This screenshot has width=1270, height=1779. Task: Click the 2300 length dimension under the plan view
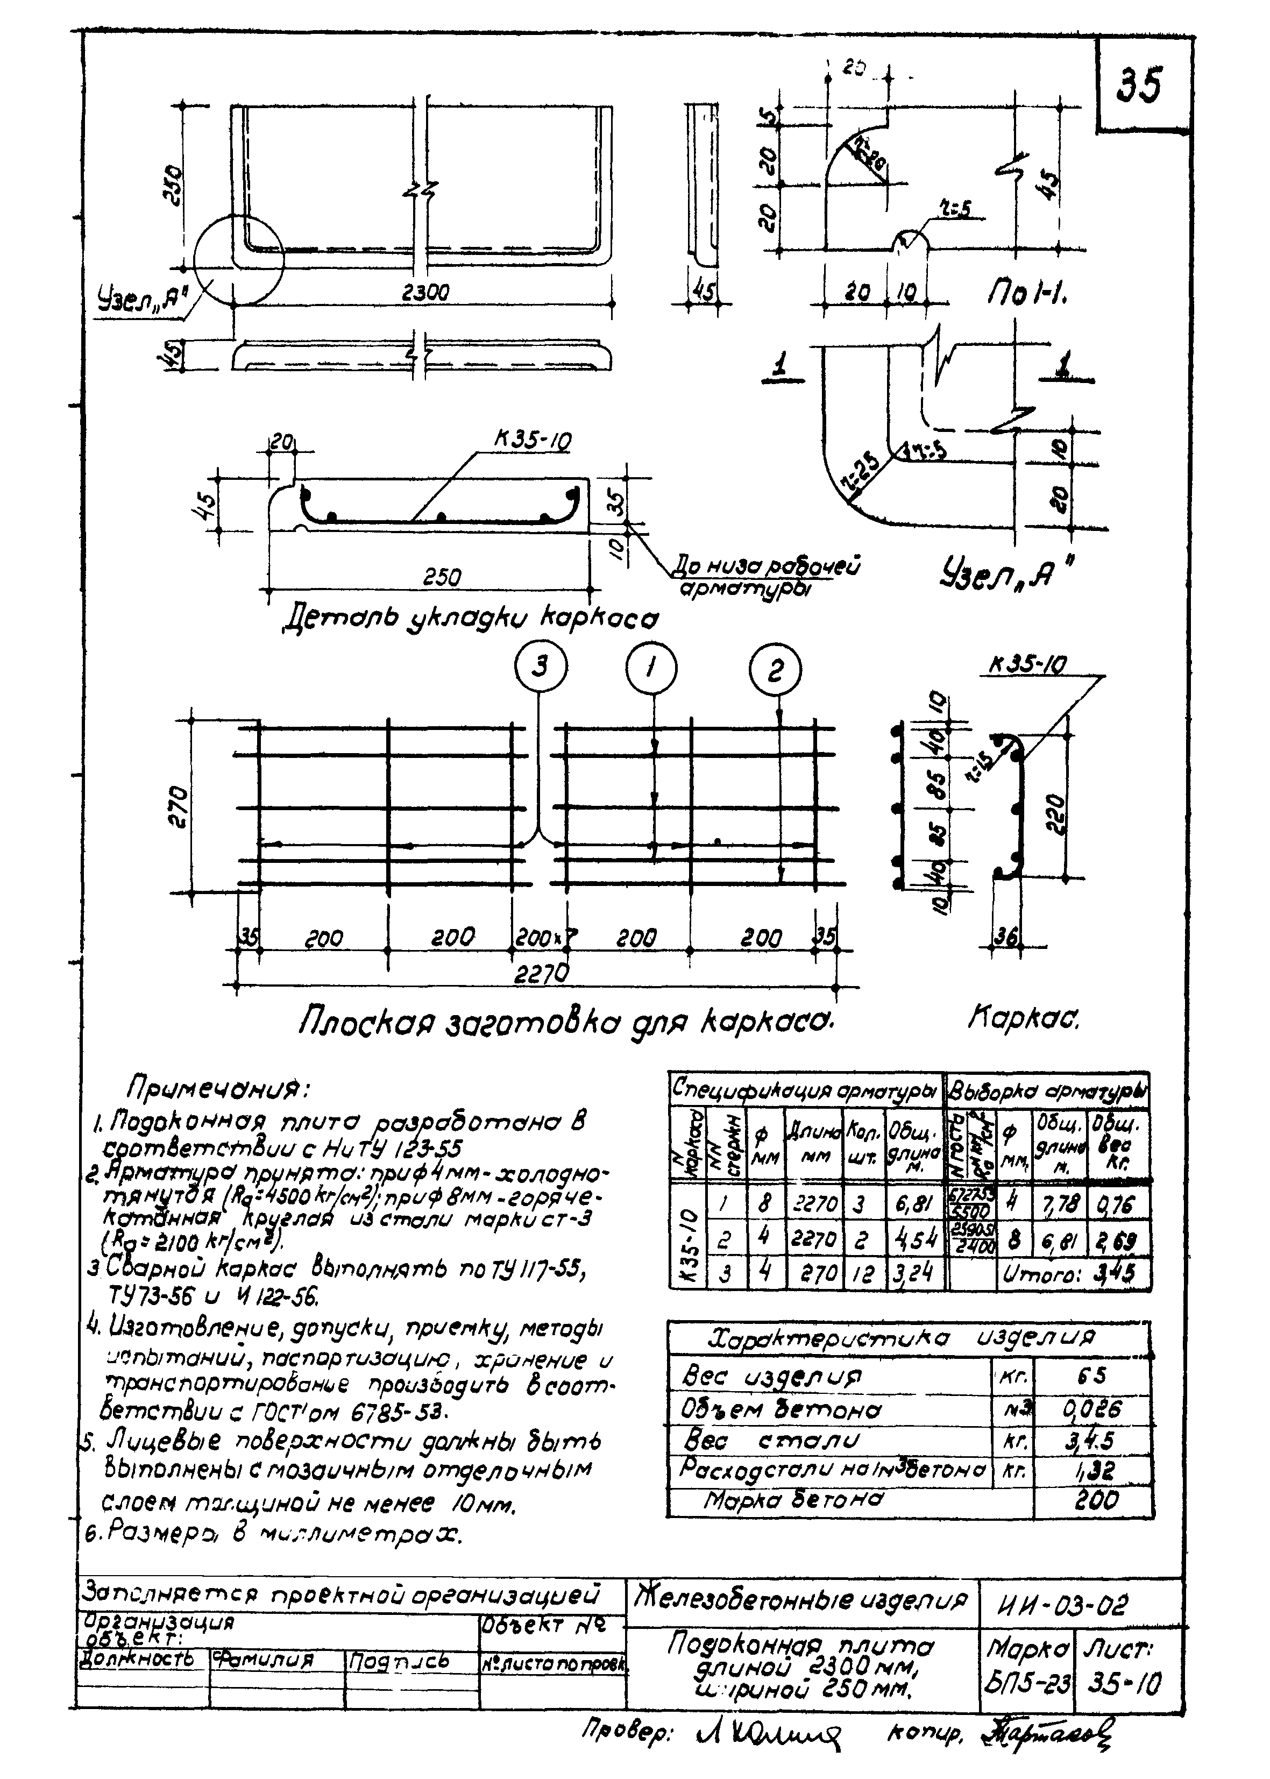pyautogui.click(x=425, y=293)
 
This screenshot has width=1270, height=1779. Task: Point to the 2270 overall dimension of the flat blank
pyautogui.click(x=541, y=973)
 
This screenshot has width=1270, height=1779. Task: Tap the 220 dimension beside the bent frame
pyautogui.click(x=1055, y=814)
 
